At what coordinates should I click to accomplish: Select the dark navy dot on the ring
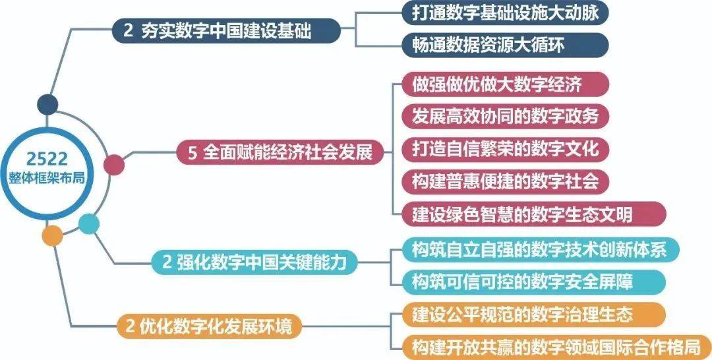pyautogui.click(x=47, y=104)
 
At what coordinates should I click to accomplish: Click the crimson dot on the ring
pyautogui.click(x=113, y=165)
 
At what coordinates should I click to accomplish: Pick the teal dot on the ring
pyautogui.click(x=88, y=224)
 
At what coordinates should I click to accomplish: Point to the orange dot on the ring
pyautogui.click(x=52, y=235)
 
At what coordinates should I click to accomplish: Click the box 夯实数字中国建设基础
pyautogui.click(x=226, y=32)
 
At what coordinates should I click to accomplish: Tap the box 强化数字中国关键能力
pyautogui.click(x=254, y=262)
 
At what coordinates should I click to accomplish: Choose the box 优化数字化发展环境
pyautogui.click(x=208, y=326)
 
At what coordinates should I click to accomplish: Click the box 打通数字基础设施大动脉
pyautogui.click(x=505, y=14)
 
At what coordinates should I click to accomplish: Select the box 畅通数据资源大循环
pyautogui.click(x=505, y=45)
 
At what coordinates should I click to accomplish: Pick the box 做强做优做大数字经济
pyautogui.click(x=505, y=84)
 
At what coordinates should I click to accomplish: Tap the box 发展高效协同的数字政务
pyautogui.click(x=505, y=117)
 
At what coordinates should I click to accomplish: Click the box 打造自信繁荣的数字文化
pyautogui.click(x=505, y=149)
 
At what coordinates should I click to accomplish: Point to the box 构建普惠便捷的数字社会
pyautogui.click(x=505, y=181)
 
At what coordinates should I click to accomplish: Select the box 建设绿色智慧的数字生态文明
pyautogui.click(x=534, y=214)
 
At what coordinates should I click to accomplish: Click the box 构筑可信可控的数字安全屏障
pyautogui.click(x=534, y=282)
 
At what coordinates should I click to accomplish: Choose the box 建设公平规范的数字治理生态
pyautogui.click(x=534, y=315)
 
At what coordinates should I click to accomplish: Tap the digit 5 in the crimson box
pyautogui.click(x=192, y=153)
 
